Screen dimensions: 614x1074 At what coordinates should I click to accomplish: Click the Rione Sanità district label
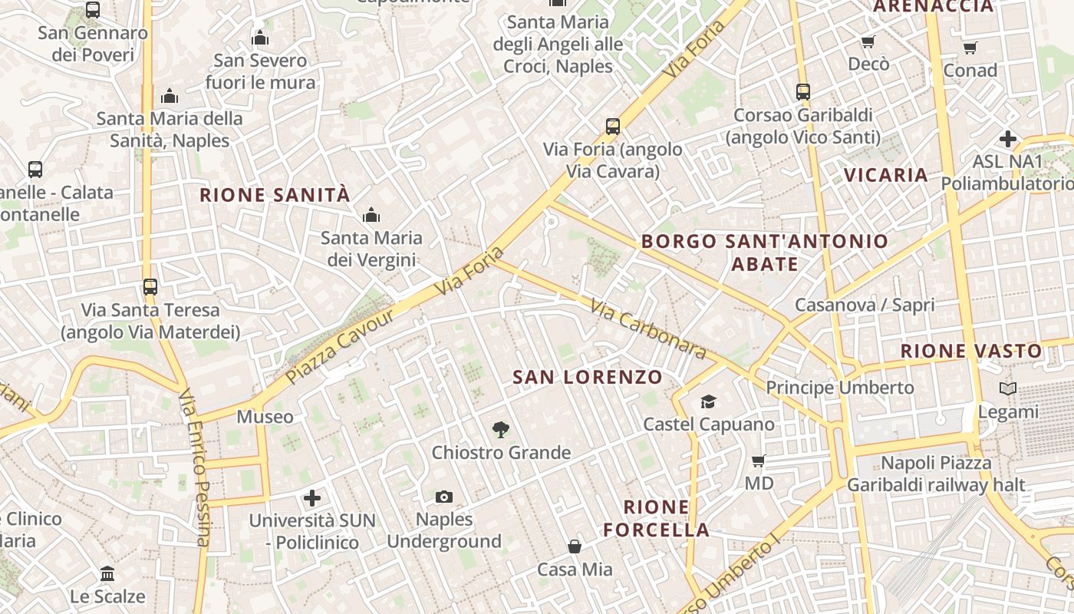click(x=275, y=195)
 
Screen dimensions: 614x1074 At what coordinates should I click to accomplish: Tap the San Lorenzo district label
click(x=587, y=377)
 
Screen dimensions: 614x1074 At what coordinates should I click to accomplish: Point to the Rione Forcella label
click(x=656, y=518)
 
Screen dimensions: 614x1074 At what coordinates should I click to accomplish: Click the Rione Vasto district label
click(x=971, y=352)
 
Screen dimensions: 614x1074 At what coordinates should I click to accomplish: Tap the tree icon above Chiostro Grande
click(x=500, y=430)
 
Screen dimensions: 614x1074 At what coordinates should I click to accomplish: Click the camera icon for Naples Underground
click(x=444, y=497)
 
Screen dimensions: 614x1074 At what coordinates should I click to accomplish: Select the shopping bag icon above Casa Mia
click(x=575, y=546)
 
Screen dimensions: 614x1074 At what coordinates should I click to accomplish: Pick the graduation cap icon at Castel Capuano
click(x=708, y=401)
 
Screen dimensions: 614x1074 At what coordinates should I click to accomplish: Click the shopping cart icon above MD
click(x=759, y=461)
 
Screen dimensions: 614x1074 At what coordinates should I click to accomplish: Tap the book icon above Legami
click(x=1008, y=389)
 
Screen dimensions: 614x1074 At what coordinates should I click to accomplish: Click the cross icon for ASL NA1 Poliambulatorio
click(x=1008, y=139)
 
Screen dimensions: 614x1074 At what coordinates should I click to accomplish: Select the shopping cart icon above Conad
click(x=970, y=48)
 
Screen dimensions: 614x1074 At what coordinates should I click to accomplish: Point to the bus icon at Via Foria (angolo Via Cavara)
click(x=612, y=127)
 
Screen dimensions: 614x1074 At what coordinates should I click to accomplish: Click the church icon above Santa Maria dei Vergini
click(x=371, y=215)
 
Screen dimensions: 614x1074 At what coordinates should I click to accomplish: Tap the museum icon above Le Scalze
click(x=107, y=573)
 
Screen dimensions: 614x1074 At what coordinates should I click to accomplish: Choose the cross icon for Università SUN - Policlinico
click(x=312, y=498)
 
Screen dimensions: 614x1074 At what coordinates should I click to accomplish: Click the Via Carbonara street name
click(x=648, y=328)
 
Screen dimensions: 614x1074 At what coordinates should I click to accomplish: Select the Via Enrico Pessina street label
click(x=196, y=468)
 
